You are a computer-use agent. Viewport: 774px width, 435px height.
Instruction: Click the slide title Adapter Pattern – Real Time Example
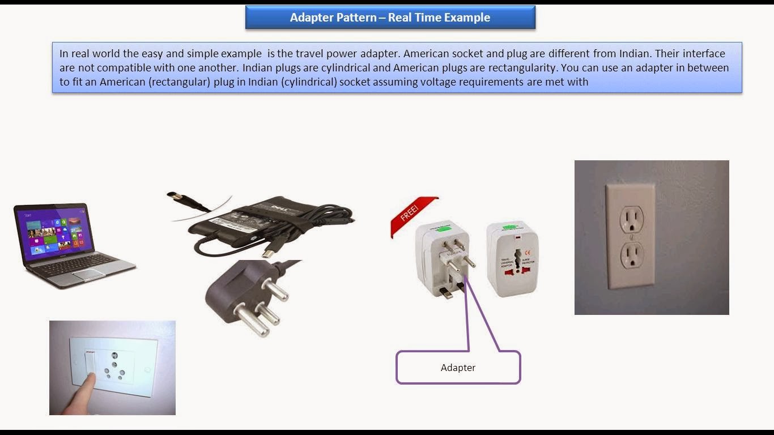(x=390, y=18)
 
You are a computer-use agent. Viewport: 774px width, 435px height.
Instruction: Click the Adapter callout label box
(x=458, y=368)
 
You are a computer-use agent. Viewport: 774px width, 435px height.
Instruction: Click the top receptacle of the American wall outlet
(x=631, y=218)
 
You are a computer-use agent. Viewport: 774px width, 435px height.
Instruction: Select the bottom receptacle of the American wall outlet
(x=632, y=254)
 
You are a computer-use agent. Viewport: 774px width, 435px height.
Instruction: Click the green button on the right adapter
(x=513, y=229)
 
